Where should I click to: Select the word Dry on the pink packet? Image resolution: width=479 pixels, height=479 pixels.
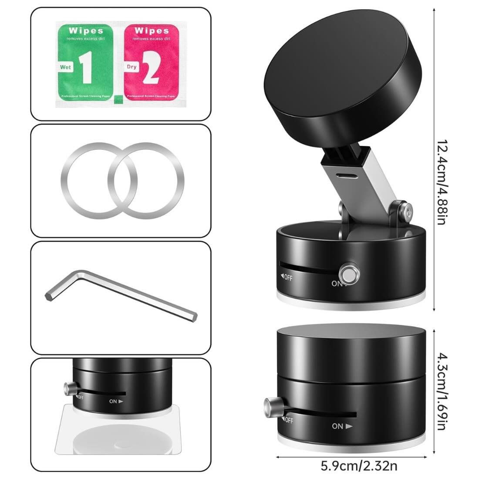pos(131,67)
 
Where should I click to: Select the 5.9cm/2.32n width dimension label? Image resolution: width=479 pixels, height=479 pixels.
pos(359,466)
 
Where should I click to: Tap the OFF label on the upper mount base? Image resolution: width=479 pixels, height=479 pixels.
pos(287,277)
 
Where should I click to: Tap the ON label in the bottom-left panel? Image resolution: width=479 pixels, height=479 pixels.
pos(116,401)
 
